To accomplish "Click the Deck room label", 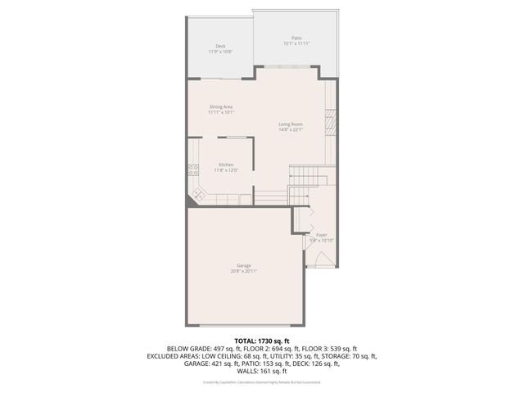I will pyautogui.click(x=220, y=46).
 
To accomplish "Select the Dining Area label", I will pyautogui.click(x=222, y=106).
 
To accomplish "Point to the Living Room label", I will pyautogui.click(x=291, y=124).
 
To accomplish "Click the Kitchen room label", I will pyautogui.click(x=226, y=165).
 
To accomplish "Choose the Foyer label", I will pyautogui.click(x=321, y=234).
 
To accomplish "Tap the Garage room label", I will pyautogui.click(x=243, y=265).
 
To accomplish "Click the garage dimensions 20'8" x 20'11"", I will pyautogui.click(x=243, y=271).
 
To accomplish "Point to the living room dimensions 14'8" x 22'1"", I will pyautogui.click(x=291, y=129).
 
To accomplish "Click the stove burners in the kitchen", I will pyautogui.click(x=193, y=170).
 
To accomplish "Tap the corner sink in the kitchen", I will pyautogui.click(x=197, y=195).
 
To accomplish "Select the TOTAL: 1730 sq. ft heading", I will pyautogui.click(x=261, y=340).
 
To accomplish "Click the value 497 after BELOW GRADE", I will pyautogui.click(x=206, y=348).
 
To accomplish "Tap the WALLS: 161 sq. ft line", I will pyautogui.click(x=261, y=372).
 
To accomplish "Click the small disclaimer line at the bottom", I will pyautogui.click(x=261, y=382).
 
